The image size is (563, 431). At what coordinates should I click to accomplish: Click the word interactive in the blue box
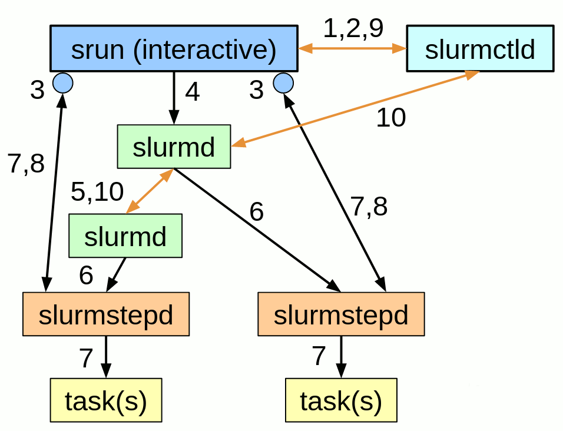[204, 51]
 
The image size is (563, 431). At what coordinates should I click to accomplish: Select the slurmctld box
[480, 49]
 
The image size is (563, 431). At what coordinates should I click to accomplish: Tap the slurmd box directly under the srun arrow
[174, 147]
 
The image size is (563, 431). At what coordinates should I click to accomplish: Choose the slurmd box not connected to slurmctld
[125, 236]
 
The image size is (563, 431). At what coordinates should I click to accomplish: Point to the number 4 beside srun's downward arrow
[193, 92]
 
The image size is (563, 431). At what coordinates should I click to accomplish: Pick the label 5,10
[97, 192]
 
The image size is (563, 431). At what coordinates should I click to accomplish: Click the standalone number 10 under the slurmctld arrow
[391, 118]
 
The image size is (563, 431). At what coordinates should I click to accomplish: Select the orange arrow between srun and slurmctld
[352, 49]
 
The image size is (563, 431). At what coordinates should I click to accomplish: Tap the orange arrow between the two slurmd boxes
[150, 191]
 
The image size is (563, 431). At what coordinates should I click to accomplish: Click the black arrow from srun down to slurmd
[174, 97]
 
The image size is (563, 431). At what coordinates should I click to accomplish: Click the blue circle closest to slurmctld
[283, 83]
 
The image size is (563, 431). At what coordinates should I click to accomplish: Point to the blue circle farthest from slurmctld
[62, 83]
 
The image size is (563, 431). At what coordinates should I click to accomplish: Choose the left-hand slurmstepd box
[106, 314]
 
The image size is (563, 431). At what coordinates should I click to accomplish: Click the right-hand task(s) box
[341, 400]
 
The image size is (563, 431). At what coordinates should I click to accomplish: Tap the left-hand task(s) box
[106, 400]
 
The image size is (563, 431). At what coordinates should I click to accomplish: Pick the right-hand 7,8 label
[369, 207]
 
